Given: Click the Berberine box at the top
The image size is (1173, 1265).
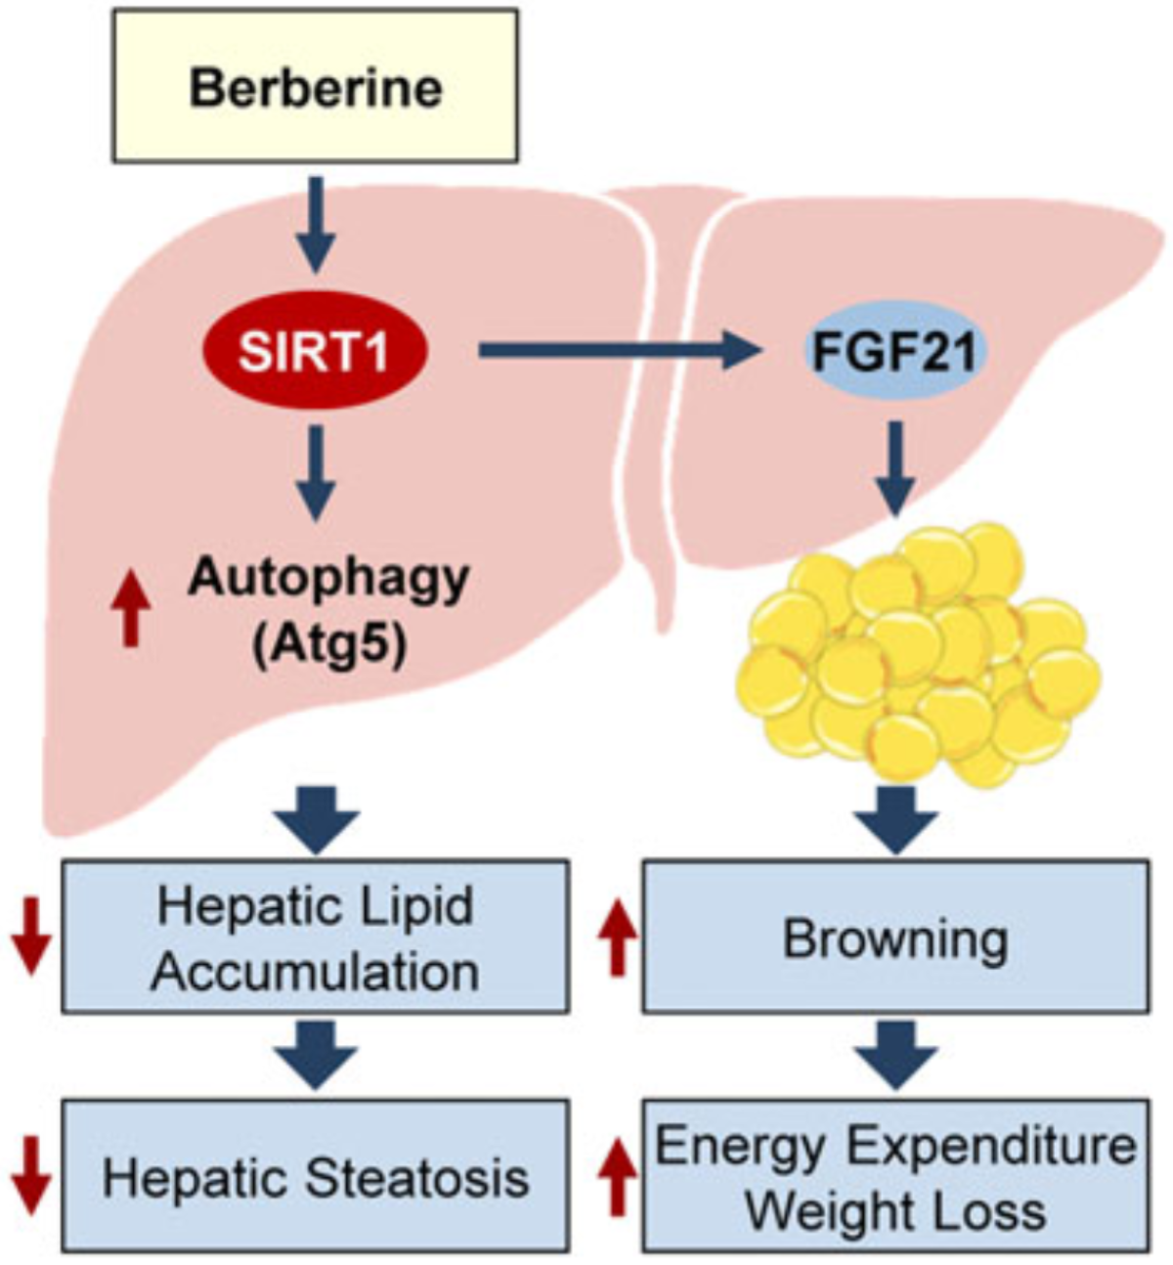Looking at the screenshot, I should coord(315,86).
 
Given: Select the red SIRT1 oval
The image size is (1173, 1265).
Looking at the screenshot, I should coord(315,352).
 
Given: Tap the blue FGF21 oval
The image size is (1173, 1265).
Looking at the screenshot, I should coord(894,352).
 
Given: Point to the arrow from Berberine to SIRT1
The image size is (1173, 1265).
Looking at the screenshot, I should coord(315,225).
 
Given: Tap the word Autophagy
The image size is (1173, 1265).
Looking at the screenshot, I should coord(328,579).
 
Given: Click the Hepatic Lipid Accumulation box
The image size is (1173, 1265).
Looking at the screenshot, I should coord(315,936).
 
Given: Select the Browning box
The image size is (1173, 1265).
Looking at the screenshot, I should coord(894,936).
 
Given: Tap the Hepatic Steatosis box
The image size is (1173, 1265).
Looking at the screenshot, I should coord(315,1176).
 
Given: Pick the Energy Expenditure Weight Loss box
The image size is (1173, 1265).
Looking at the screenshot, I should coord(894,1176).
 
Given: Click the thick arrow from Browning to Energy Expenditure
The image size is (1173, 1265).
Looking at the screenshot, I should coord(894,1054).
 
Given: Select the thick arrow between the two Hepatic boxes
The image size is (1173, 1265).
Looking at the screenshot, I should coord(315,1054).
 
